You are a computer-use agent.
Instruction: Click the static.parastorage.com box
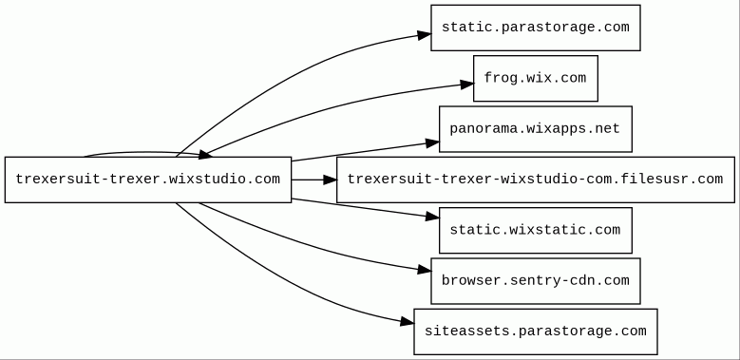click(x=535, y=28)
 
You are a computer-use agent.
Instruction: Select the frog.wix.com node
click(x=535, y=78)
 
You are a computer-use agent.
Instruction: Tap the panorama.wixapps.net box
click(x=535, y=129)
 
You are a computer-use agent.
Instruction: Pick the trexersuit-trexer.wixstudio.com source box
click(x=148, y=180)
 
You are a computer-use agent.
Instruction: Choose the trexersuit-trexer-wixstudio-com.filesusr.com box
click(x=535, y=180)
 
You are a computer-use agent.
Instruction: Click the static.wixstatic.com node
click(x=535, y=230)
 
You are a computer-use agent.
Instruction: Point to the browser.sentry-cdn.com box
click(x=535, y=281)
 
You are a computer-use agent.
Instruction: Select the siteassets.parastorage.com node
click(x=535, y=332)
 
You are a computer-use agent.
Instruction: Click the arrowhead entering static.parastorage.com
click(x=424, y=35)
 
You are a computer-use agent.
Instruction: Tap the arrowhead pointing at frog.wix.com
click(x=466, y=85)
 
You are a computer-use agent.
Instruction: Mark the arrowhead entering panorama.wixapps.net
click(x=432, y=143)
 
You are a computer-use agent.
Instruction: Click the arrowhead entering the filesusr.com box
click(x=330, y=180)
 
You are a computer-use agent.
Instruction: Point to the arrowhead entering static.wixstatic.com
click(x=432, y=217)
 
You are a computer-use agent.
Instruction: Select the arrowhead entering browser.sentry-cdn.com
click(x=424, y=271)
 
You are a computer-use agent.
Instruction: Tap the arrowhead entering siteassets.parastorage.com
click(x=407, y=322)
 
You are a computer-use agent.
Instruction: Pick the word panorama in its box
click(x=472, y=129)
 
